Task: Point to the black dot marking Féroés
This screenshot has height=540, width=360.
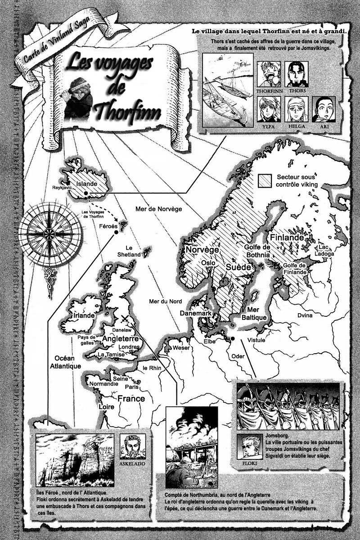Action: pyautogui.click(x=116, y=232)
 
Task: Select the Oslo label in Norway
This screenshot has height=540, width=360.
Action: pyautogui.click(x=208, y=263)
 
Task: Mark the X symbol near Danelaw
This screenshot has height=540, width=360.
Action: pyautogui.click(x=125, y=319)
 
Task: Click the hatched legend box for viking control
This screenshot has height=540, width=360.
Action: pyautogui.click(x=265, y=181)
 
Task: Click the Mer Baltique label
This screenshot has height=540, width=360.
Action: pyautogui.click(x=256, y=314)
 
